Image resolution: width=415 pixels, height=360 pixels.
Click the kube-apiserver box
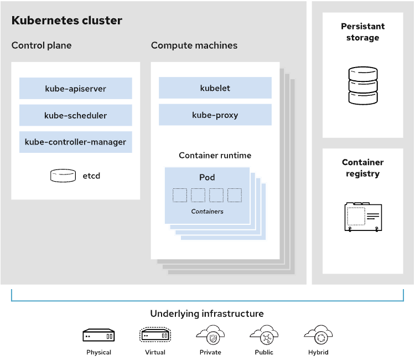tap(76, 89)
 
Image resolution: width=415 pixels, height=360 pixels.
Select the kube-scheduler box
tap(76, 115)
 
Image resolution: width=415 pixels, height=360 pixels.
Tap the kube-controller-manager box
tap(76, 142)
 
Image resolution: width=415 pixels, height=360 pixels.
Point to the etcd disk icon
tap(63, 176)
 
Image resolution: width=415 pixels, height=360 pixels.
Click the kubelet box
tap(215, 88)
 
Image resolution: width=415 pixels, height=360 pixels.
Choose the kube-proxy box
tap(215, 115)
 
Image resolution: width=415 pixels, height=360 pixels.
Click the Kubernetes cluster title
tap(66, 21)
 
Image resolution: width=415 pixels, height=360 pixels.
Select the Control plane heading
tap(41, 45)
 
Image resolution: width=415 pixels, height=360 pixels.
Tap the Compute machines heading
tap(194, 45)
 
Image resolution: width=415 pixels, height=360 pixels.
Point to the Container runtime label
tap(215, 156)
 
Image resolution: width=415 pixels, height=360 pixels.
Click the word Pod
tap(207, 178)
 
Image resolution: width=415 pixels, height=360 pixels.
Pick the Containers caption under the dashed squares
tap(207, 212)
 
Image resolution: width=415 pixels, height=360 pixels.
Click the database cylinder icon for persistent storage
tap(362, 86)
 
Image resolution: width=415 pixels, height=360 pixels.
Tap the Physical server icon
tap(98, 335)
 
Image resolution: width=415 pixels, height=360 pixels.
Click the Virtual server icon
tap(155, 335)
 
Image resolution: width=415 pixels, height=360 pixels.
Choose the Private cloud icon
tap(210, 335)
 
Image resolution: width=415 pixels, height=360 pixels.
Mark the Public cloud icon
tap(263, 335)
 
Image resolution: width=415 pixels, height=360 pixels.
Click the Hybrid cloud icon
tap(318, 335)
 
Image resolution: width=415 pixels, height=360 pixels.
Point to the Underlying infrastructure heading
tap(207, 313)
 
